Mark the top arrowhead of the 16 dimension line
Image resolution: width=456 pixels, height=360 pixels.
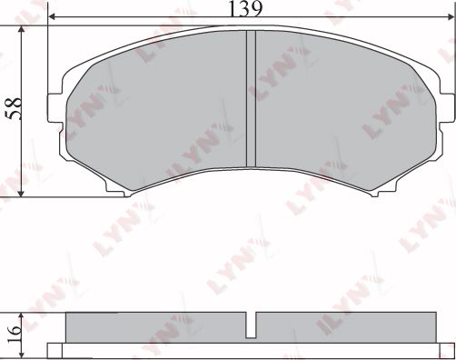20,315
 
